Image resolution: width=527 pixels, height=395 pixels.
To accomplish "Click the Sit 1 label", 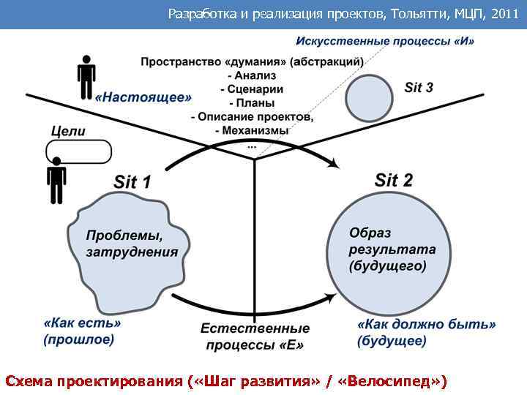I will point(132,181).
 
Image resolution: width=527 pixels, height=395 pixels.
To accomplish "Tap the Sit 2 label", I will point(394,179).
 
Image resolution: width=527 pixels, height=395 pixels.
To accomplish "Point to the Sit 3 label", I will point(419,88).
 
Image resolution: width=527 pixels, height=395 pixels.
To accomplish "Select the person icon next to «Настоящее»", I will point(86,76).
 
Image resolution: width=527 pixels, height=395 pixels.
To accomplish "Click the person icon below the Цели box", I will point(56,184).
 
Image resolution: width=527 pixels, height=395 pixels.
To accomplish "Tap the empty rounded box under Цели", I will point(78,152).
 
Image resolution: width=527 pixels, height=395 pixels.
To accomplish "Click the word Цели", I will point(68,132).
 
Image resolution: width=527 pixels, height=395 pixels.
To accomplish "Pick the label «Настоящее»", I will point(143,97).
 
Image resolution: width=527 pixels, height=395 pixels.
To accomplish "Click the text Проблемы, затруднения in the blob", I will point(132,244).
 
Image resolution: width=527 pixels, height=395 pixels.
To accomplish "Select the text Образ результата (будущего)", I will point(392,249).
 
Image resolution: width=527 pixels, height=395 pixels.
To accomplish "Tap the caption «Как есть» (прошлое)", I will point(82,331).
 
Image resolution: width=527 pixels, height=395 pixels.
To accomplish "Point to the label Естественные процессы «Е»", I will point(255,336).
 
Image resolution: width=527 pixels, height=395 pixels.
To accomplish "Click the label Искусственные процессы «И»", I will point(385,41).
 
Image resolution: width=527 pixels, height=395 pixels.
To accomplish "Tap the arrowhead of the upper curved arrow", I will point(335,165).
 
